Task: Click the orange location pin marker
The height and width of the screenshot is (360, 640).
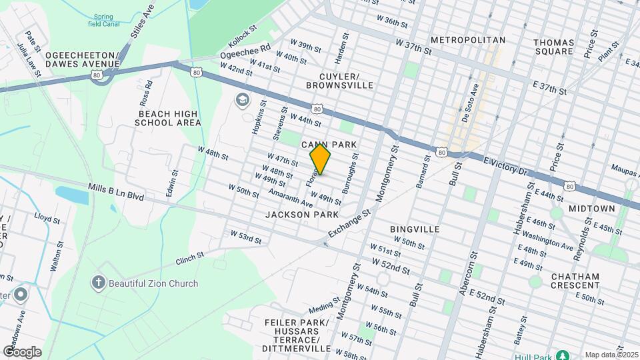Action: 321,159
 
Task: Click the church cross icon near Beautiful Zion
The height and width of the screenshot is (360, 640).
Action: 99,283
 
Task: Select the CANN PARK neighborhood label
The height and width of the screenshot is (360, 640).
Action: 330,145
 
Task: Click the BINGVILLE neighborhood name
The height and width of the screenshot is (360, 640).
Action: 415,229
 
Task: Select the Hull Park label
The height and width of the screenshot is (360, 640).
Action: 533,355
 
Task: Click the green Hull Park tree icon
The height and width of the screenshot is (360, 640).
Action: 562,355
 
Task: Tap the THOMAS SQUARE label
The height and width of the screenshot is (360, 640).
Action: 553,47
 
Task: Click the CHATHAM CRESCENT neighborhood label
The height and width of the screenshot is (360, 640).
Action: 575,281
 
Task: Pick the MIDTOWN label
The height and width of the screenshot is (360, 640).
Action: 592,209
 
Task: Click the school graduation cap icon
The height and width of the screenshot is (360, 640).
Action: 241,100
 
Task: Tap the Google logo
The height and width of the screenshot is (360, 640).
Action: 22,352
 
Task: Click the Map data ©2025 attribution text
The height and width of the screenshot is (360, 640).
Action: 609,355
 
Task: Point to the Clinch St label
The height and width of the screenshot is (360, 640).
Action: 189,259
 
